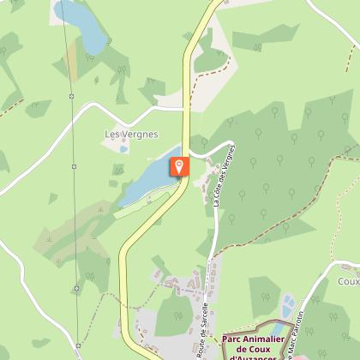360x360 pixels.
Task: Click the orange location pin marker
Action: (x=179, y=167)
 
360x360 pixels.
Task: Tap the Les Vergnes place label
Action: (x=125, y=134)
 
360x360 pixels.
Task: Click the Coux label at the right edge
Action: (x=349, y=280)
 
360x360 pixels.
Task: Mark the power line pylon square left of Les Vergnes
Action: (x=75, y=165)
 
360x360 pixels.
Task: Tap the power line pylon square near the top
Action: (x=71, y=95)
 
